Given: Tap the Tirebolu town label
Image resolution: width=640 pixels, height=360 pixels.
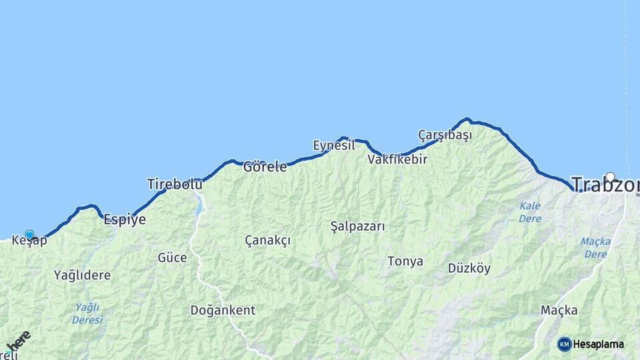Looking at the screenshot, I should click(x=175, y=184).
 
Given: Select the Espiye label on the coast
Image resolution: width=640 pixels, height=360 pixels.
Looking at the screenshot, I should click(x=125, y=219).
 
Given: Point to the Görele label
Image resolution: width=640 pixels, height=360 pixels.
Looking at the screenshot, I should click(x=265, y=167).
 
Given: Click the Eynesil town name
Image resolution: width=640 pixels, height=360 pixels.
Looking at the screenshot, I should click(x=333, y=145).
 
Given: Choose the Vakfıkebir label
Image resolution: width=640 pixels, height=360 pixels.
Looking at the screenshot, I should click(x=397, y=160).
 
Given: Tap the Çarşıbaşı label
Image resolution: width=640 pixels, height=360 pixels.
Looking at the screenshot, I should click(x=445, y=135).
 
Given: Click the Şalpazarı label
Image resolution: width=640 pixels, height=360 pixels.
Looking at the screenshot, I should click(x=357, y=226).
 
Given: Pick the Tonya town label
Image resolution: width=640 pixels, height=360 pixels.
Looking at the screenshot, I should click(x=405, y=261).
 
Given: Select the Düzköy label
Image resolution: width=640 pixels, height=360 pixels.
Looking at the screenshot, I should click(x=469, y=269).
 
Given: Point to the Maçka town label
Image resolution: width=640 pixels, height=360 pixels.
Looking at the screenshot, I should click(x=559, y=310).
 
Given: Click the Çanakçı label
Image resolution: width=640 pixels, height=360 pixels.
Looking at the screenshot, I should click(x=267, y=240).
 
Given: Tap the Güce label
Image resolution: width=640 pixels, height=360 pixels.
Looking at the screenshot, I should click(x=172, y=257).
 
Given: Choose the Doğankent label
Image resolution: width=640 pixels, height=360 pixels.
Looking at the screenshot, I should click(x=223, y=310).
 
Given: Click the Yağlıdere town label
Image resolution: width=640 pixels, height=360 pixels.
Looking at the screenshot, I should click(x=82, y=275).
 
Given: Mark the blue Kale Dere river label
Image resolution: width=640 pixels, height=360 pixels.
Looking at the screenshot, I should click(x=530, y=212).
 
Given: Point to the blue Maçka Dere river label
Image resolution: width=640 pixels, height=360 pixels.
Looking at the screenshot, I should click(x=595, y=247).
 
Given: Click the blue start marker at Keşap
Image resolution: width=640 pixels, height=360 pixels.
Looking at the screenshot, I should click(x=29, y=234).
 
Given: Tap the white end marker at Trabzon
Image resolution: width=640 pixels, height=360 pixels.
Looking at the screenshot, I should click(x=610, y=177).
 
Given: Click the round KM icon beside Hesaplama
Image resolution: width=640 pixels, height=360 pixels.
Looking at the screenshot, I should click(x=564, y=344).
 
